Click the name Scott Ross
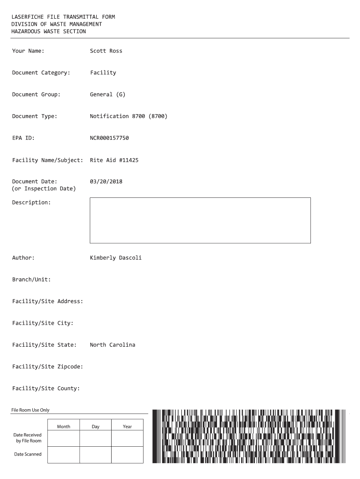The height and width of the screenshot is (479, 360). tap(106, 51)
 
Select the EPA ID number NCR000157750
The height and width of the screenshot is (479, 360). tap(109, 138)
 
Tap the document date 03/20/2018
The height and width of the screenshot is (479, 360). tap(106, 181)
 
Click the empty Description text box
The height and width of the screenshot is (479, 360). tap(200, 220)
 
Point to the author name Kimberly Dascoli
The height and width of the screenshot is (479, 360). tap(115, 258)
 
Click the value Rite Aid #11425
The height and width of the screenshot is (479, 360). tap(114, 160)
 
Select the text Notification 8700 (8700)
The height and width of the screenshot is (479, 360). tap(128, 116)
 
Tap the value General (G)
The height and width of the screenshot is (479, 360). tap(108, 94)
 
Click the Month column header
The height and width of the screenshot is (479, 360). tap(64, 427)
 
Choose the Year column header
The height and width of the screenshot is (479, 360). tap(127, 427)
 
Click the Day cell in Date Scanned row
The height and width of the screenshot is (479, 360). tap(95, 454)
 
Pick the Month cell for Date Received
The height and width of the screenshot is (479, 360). tap(64, 438)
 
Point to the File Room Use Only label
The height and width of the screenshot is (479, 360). tap(30, 410)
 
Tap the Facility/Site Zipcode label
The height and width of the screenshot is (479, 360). tap(47, 367)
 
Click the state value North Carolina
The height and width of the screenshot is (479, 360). tap(112, 345)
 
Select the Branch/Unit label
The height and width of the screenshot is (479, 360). tap(31, 280)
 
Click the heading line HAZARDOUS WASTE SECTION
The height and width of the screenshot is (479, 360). tap(49, 31)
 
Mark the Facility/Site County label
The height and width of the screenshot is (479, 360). tap(46, 388)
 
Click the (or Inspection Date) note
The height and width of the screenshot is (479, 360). tap(43, 189)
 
